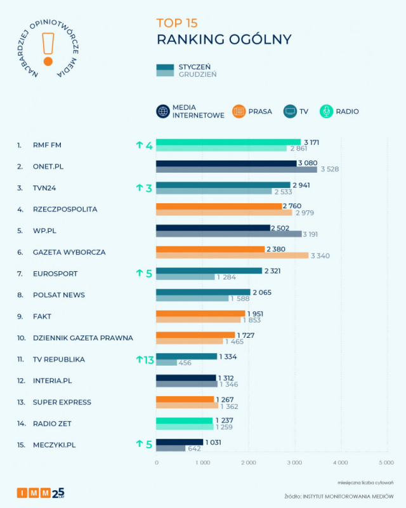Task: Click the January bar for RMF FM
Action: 228,142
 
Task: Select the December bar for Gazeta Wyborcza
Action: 232,255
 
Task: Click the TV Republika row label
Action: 59,359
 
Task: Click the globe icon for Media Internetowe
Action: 162,111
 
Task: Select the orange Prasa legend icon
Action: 239,111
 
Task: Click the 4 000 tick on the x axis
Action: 340,462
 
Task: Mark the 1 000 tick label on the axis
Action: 202,462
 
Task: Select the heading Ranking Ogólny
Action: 224,39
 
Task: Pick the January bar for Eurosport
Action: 209,270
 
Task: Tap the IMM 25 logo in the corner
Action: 41,493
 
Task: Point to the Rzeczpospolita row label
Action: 65,209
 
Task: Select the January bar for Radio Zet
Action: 185,420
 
